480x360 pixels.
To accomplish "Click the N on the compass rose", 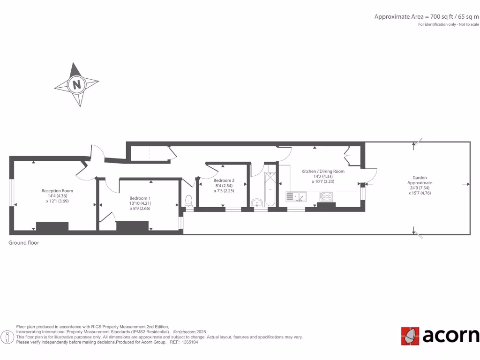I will (x=76, y=85).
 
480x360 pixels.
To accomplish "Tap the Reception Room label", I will (x=57, y=191).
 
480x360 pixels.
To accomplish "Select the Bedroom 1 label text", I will (x=140, y=198).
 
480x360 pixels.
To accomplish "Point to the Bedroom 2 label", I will (x=224, y=180).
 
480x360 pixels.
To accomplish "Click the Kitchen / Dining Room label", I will (x=323, y=171).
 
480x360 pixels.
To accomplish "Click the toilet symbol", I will (x=189, y=200).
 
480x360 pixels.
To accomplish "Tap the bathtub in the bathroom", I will (x=270, y=189).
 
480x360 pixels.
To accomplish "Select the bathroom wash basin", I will (x=257, y=202).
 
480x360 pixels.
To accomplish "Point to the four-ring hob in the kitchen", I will (x=326, y=196).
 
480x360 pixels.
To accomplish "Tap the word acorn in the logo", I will (x=450, y=336).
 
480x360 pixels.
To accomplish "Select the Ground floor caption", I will (x=23, y=243).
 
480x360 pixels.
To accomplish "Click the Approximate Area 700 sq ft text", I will (x=426, y=16).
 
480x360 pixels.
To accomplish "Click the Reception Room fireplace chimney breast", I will (x=52, y=226).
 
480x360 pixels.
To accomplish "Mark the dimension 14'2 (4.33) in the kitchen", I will (x=323, y=176).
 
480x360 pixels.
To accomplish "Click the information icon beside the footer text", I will (x=7, y=337).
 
